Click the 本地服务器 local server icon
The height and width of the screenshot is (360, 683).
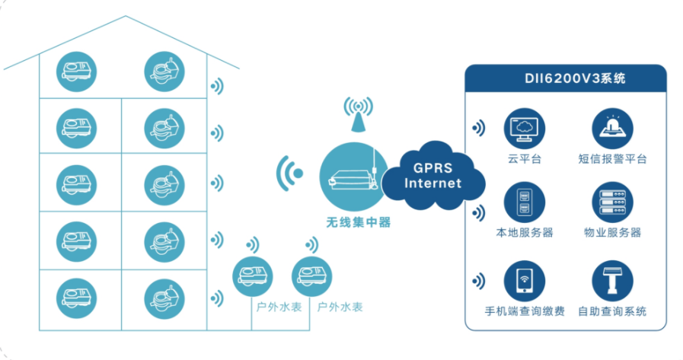(x=524, y=202)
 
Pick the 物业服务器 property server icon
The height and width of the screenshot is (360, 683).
(x=613, y=202)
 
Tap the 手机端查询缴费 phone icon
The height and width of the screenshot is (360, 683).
(x=524, y=281)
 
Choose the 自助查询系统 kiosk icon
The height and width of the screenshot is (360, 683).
(x=613, y=281)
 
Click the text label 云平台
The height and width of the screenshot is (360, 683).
(x=524, y=159)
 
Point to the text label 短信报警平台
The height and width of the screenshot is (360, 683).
(x=613, y=159)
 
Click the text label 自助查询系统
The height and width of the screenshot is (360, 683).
(x=613, y=311)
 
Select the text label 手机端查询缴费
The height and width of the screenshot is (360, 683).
(x=525, y=311)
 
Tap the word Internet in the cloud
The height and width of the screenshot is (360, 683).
(x=432, y=183)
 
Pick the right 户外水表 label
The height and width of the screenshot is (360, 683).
(x=340, y=307)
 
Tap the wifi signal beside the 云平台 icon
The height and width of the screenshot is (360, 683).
(x=478, y=128)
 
